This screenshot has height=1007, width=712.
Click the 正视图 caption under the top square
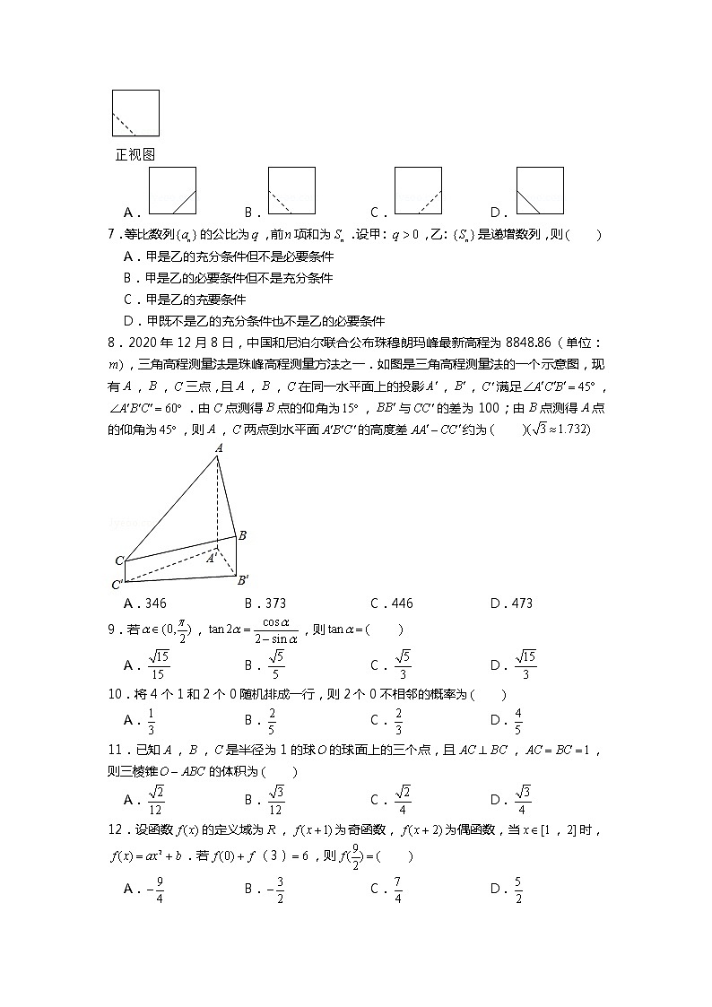(135, 154)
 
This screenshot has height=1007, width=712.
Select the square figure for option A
(172, 191)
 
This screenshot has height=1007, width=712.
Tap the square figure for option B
(291, 191)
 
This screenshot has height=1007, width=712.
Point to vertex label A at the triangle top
(218, 460)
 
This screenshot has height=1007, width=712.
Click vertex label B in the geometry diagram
(242, 535)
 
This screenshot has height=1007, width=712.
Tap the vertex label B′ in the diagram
(243, 580)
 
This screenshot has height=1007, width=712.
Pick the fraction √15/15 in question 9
(158, 664)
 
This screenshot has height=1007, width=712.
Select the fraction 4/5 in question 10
(518, 719)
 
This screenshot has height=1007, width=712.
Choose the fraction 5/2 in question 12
(518, 889)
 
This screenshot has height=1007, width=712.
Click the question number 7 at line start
(110, 236)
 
